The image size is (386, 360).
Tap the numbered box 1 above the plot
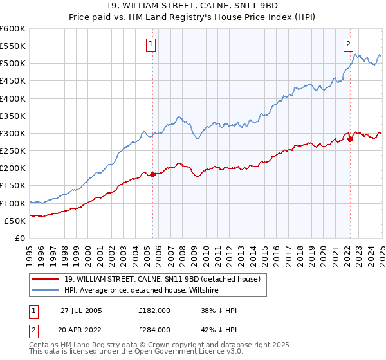point(151,44)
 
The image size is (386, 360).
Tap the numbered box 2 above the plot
point(348,44)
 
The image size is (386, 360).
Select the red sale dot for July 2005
point(153,175)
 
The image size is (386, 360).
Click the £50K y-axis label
point(15,221)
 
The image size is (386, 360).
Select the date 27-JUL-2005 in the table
point(81,310)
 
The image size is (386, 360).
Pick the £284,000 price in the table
point(154,329)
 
